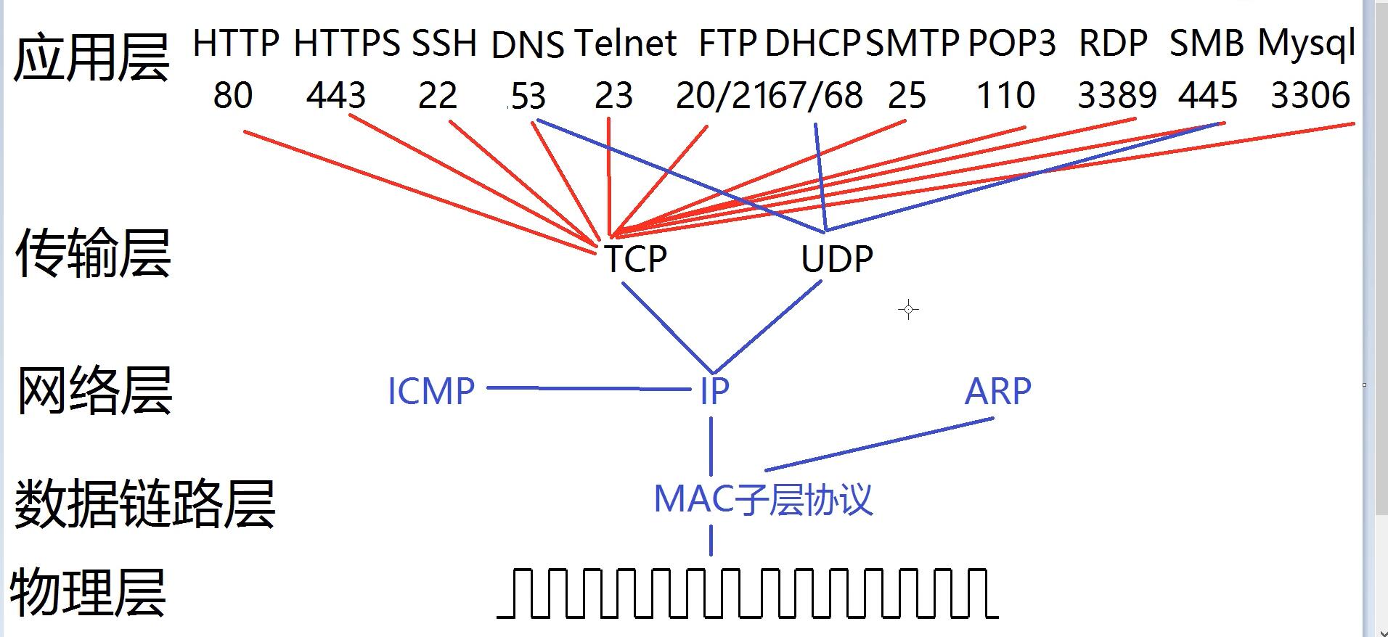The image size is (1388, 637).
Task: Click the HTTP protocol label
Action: pos(236,44)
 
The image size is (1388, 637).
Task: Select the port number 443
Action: pos(335,96)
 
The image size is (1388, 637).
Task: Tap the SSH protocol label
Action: pos(444,44)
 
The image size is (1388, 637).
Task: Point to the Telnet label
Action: pos(625,44)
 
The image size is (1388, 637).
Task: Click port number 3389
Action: pos(1116,96)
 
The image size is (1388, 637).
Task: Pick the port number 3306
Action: pos(1310,96)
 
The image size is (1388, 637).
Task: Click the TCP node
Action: pos(636,259)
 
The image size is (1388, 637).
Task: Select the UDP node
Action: pos(837,259)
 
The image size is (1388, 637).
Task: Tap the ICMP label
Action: pos(431,392)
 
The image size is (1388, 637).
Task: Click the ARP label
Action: pos(997,392)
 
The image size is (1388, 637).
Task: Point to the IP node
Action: pos(714,392)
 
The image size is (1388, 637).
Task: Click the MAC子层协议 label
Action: pos(763,499)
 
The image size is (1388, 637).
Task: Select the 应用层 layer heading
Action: pos(91,58)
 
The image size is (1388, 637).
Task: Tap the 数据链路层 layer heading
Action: pos(144,504)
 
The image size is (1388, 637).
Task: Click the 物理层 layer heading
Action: pos(88,592)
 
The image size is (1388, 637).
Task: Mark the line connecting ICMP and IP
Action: pos(588,389)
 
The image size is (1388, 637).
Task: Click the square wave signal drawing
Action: pos(748,593)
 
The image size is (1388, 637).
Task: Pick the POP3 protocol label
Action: pos(1012,44)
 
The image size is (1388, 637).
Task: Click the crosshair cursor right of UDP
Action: pos(908,310)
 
